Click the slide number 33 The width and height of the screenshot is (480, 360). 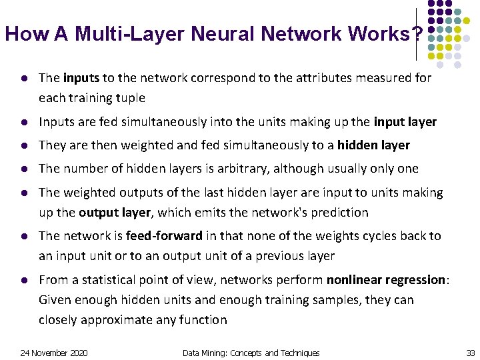click(470, 353)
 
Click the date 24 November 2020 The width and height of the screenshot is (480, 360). click(54, 353)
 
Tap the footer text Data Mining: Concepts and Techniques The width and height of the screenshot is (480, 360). click(251, 353)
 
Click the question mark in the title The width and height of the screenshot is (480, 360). click(417, 34)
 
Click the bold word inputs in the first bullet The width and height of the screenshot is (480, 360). click(81, 78)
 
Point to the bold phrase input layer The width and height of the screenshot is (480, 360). click(405, 122)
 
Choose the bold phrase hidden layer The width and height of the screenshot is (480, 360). click(373, 145)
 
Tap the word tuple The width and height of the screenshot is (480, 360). click(130, 98)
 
